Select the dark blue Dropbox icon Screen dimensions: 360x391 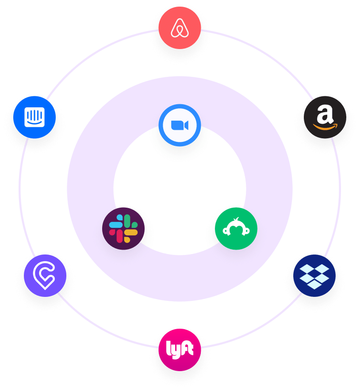[314, 275]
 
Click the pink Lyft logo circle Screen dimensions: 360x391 [180, 349]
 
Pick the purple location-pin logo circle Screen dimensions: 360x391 [45, 275]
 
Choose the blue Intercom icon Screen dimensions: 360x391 [34, 117]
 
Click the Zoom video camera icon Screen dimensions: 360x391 [180, 125]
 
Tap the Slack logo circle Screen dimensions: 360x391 [123, 228]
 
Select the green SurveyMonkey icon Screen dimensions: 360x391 [236, 228]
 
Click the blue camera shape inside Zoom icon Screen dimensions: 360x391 [179, 125]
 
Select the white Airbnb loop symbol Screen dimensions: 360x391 [180, 28]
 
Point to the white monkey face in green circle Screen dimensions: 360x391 [236, 228]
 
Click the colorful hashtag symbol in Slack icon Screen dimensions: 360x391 [123, 228]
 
